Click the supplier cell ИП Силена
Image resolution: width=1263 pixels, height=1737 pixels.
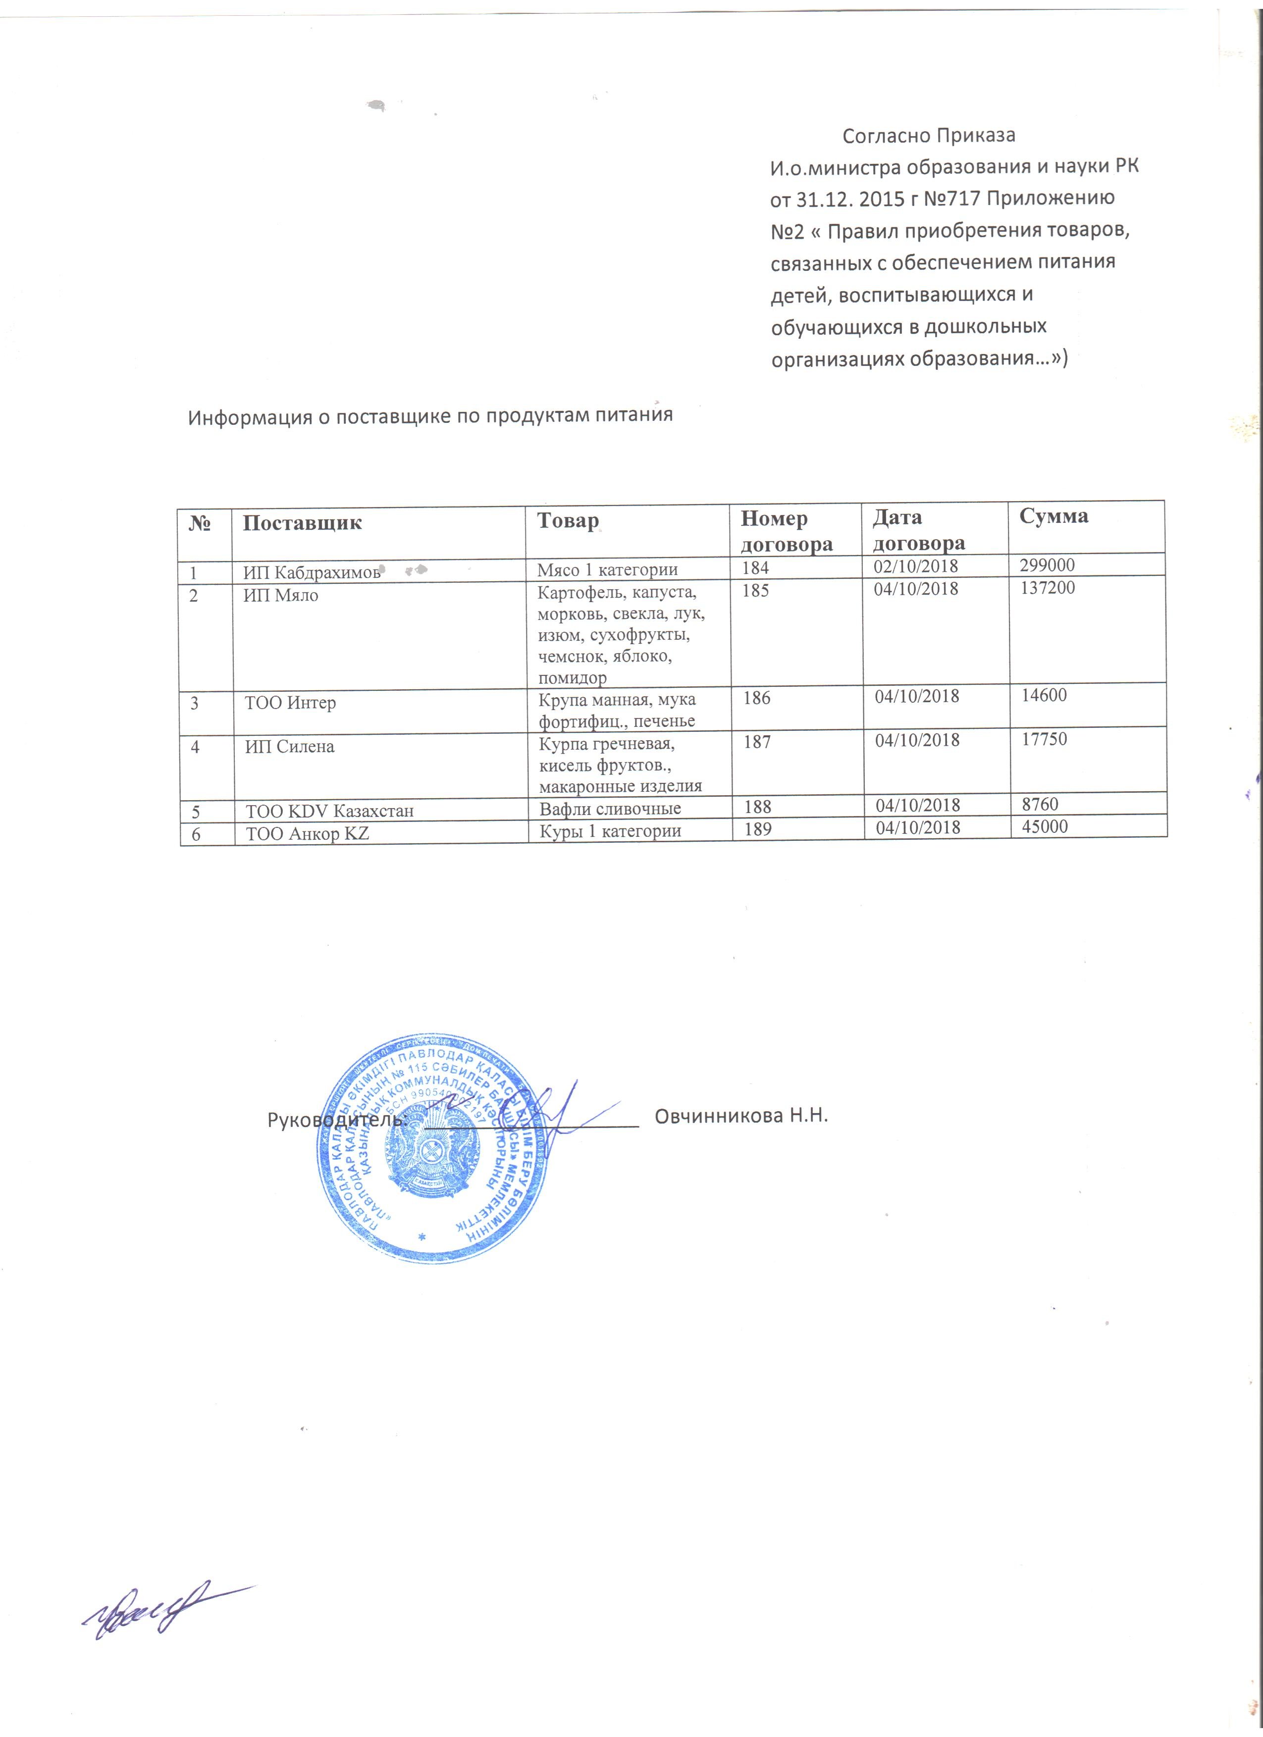290,747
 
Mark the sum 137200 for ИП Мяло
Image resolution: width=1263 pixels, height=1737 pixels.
1047,588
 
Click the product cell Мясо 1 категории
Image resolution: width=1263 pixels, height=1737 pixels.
607,570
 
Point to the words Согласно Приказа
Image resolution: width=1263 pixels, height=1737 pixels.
928,136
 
